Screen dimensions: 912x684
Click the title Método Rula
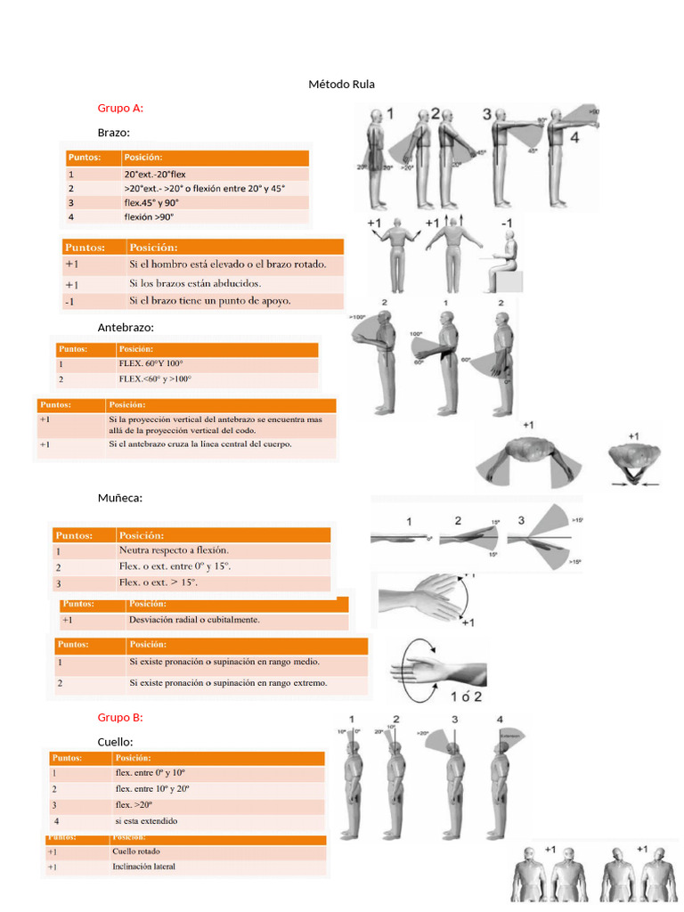341,85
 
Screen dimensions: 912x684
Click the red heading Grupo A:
120,108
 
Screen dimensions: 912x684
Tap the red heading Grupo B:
120,717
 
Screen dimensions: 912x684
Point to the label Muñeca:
120,498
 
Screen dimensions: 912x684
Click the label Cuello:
116,742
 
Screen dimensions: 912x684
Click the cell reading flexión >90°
150,216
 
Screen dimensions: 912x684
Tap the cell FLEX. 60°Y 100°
151,364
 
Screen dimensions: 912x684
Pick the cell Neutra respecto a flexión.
174,550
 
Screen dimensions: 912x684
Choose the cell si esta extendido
146,821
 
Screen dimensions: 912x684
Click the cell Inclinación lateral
143,866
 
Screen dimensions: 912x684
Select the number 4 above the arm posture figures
574,138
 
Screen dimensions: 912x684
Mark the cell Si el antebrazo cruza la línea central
200,444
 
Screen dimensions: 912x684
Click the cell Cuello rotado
136,851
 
